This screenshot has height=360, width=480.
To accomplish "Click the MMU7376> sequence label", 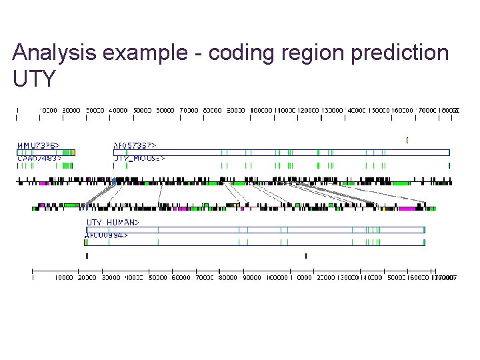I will click(37, 145).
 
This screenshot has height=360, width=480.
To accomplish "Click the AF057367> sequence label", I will click(135, 145).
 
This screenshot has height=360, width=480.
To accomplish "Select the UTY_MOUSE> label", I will click(139, 159).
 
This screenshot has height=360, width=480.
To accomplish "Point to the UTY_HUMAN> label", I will click(112, 222).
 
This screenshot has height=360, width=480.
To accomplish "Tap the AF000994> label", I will click(107, 235).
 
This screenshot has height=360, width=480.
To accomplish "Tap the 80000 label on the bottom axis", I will click(228, 277).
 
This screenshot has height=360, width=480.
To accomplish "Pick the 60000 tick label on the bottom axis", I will click(181, 277).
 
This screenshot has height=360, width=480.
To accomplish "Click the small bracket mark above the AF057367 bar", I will click(407, 140).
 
